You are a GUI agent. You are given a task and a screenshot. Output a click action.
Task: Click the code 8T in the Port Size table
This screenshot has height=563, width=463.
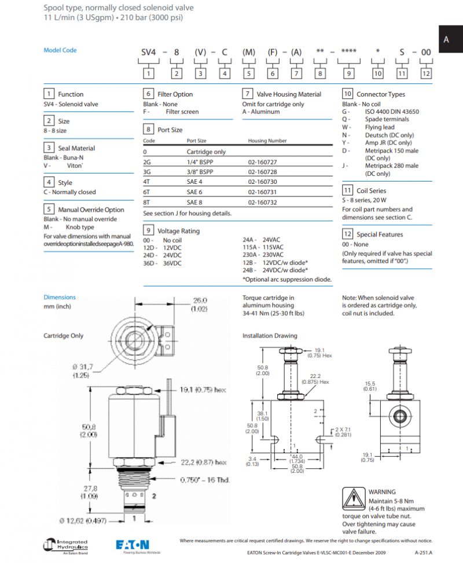click(x=148, y=202)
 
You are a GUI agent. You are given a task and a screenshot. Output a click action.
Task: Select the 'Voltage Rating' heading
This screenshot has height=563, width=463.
click(x=178, y=231)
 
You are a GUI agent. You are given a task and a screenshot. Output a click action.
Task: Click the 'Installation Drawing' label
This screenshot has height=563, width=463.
click(x=270, y=335)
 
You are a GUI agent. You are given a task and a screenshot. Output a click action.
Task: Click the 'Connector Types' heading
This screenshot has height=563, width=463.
click(x=380, y=94)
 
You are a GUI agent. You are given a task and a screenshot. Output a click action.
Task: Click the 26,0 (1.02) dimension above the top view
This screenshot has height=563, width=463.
click(x=200, y=305)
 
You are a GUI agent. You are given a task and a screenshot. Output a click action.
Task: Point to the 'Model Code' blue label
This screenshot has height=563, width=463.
click(x=60, y=50)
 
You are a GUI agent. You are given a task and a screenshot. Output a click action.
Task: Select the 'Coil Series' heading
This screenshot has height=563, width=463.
click(x=371, y=190)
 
